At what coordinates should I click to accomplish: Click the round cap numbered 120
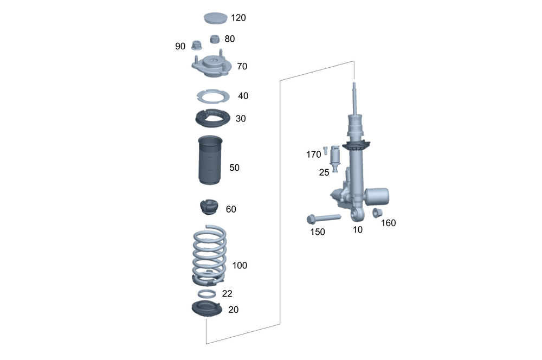[215, 18]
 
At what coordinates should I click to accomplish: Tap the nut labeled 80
[215, 38]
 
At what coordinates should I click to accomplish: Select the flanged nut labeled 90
[197, 45]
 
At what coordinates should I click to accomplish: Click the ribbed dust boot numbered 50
[210, 160]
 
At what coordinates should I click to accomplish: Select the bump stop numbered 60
[209, 207]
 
